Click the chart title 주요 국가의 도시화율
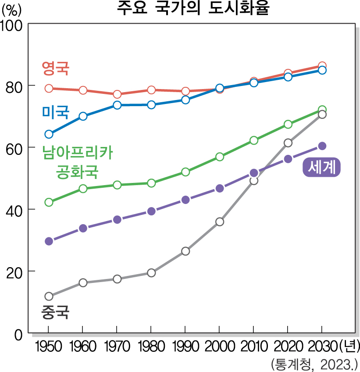coord(192,8)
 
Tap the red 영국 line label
coord(56,68)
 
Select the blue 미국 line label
coord(56,112)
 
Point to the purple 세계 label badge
coord(322,167)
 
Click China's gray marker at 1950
coord(49,296)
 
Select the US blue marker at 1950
coord(49,134)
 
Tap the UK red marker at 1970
coord(117,94)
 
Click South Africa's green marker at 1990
coord(185,172)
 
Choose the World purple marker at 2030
coord(322,146)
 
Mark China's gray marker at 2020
coord(288,143)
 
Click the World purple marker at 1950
coord(49,241)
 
